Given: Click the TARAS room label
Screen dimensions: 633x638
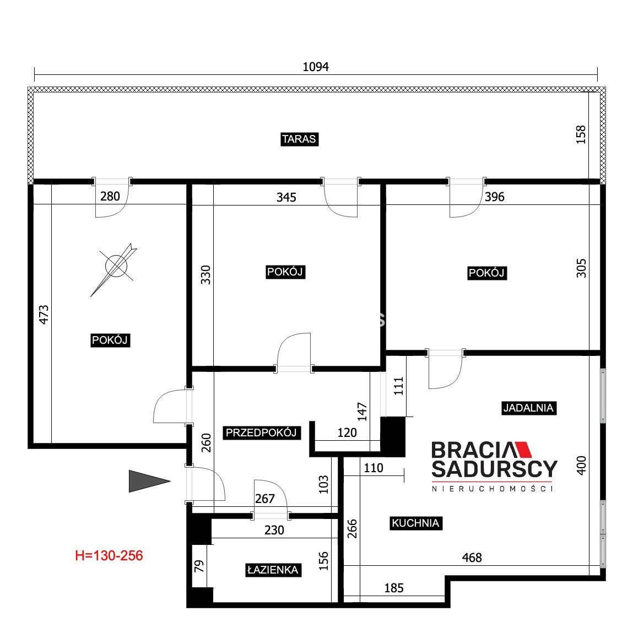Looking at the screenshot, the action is (299, 139).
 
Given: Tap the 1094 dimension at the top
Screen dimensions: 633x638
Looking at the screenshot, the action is (316, 67).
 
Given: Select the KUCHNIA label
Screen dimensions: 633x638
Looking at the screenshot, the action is (415, 523).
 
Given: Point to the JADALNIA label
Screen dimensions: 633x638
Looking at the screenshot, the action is (528, 408).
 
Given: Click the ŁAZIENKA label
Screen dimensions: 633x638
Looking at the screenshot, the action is (273, 570).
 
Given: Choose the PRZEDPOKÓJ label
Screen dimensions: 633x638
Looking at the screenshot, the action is (261, 432).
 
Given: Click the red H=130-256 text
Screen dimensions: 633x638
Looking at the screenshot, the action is (109, 555).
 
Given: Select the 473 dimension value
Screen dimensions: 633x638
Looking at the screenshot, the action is (44, 315).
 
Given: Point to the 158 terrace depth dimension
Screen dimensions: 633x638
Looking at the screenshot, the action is (581, 134).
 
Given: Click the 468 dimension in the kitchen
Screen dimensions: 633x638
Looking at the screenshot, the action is (472, 558).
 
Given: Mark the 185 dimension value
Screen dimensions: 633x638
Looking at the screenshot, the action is (394, 587).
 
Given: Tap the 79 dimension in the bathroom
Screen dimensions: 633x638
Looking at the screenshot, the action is (199, 566).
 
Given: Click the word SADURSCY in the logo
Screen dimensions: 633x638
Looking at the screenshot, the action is (494, 469).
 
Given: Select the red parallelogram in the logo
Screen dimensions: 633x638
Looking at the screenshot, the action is (523, 450).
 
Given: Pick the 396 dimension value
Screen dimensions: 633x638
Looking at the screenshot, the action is (495, 197).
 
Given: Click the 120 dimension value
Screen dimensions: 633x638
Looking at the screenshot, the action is (347, 432).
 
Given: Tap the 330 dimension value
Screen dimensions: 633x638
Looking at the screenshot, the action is (206, 275).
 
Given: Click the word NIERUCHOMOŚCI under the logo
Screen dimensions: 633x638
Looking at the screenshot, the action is (493, 489).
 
